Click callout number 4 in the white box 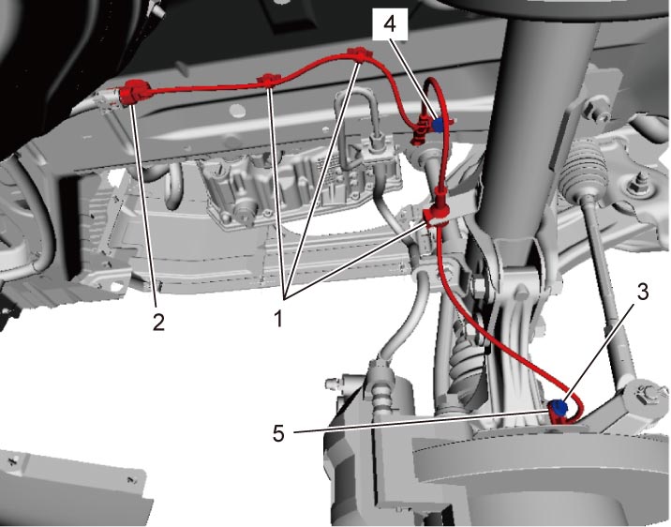(x=390, y=24)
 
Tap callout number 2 (x=158, y=322)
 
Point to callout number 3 (x=642, y=292)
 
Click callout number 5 (x=278, y=433)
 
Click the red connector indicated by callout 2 (x=135, y=92)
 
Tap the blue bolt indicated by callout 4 (x=438, y=125)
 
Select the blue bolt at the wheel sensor (x=558, y=407)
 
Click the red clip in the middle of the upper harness (x=268, y=80)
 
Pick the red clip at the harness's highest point (x=360, y=54)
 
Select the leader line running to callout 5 (x=422, y=421)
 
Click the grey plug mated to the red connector (x=109, y=99)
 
